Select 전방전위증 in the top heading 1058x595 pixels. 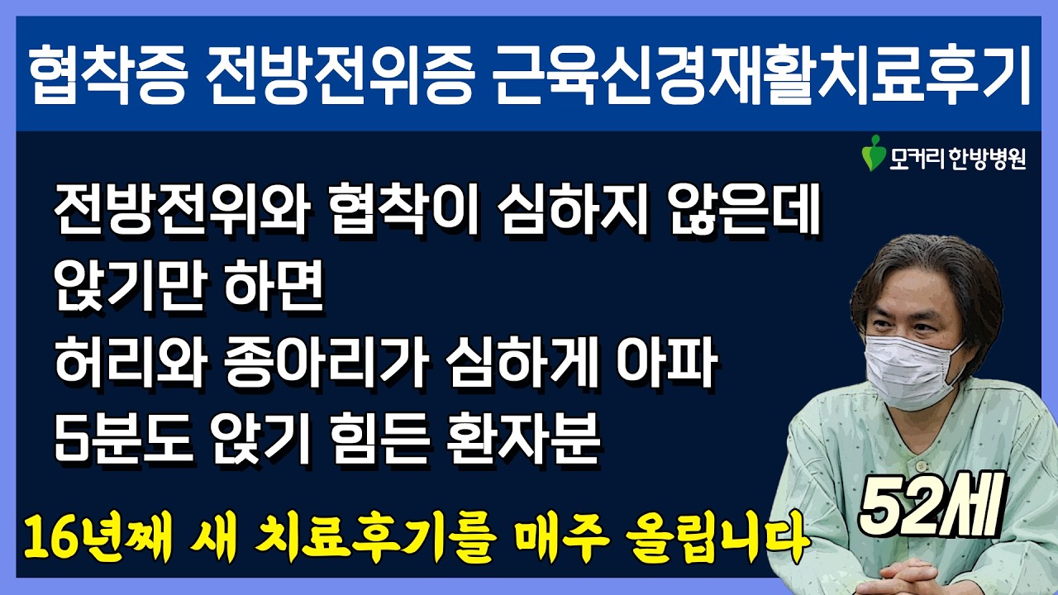340,74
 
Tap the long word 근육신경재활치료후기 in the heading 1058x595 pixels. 761,74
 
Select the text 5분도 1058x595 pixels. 124,438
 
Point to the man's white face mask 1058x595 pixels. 908,372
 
